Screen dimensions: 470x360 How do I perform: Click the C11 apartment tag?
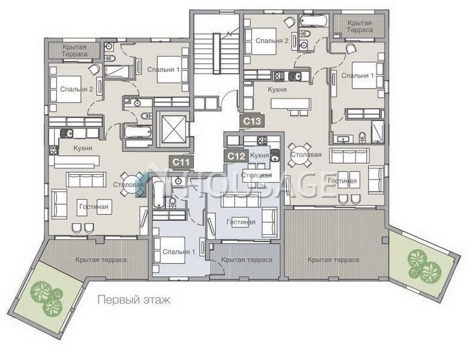[x=182, y=162]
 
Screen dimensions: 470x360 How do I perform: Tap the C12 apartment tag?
[x=236, y=156]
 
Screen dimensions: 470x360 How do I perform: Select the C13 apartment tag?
[x=252, y=121]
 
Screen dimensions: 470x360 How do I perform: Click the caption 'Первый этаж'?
[x=134, y=300]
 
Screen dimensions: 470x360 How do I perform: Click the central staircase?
[x=216, y=53]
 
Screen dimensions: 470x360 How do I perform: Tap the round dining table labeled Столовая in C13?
[x=299, y=155]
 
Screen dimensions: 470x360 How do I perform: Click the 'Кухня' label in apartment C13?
[x=277, y=89]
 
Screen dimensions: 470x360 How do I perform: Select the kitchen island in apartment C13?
[x=291, y=104]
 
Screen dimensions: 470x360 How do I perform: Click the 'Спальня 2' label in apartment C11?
[x=77, y=89]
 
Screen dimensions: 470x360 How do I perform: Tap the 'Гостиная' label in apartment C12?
[x=241, y=222]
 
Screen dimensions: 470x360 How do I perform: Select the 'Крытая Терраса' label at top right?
[x=360, y=26]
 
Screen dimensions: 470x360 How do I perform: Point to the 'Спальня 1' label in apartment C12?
[x=179, y=252]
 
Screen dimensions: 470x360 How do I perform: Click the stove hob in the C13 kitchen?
[x=279, y=75]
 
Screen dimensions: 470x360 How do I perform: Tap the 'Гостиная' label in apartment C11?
[x=94, y=207]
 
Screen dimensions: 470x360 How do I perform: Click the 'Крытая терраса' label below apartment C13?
[x=333, y=260]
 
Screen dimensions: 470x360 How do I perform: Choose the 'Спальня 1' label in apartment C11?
[x=163, y=69]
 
